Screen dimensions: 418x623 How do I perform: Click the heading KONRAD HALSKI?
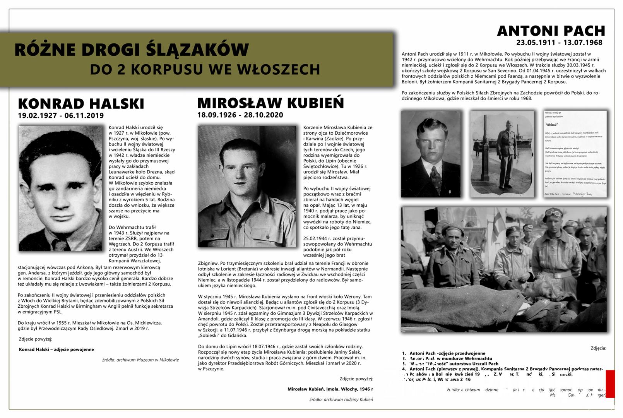coord(81,104)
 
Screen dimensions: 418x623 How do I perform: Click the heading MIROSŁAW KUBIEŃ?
coord(270,103)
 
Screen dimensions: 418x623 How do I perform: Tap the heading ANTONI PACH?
coord(551,31)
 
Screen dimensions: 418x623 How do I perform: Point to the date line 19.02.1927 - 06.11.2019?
coord(61,116)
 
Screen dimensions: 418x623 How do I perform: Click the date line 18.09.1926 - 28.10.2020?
coord(240,115)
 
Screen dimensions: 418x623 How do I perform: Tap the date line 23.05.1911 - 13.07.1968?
coord(559,43)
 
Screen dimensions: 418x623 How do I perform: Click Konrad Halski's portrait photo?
coord(61,188)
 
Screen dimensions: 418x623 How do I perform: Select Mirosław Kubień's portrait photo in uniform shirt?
coord(247,186)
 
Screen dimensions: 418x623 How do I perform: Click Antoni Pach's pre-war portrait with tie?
coord(431,154)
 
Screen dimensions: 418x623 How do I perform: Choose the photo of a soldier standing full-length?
coord(502,154)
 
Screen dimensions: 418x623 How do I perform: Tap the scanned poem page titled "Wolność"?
coord(575,154)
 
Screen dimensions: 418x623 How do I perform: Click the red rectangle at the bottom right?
coord(610,384)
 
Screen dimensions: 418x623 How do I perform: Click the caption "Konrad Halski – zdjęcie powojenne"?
coord(56,349)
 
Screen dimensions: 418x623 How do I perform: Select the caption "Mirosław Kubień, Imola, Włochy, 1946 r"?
coord(330,389)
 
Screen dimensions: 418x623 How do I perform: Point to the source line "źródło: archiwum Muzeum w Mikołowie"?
coord(140,360)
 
